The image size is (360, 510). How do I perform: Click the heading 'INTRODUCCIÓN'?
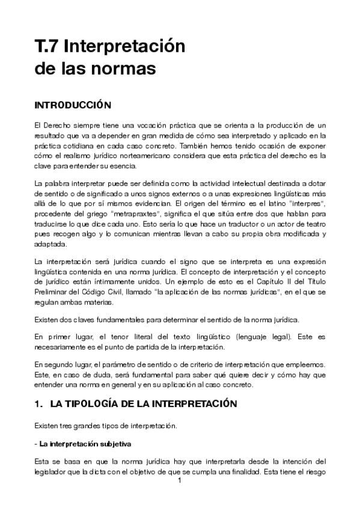point(73,105)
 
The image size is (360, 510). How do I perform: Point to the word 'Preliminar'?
point(52,292)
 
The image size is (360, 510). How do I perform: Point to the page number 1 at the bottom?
point(180,481)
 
